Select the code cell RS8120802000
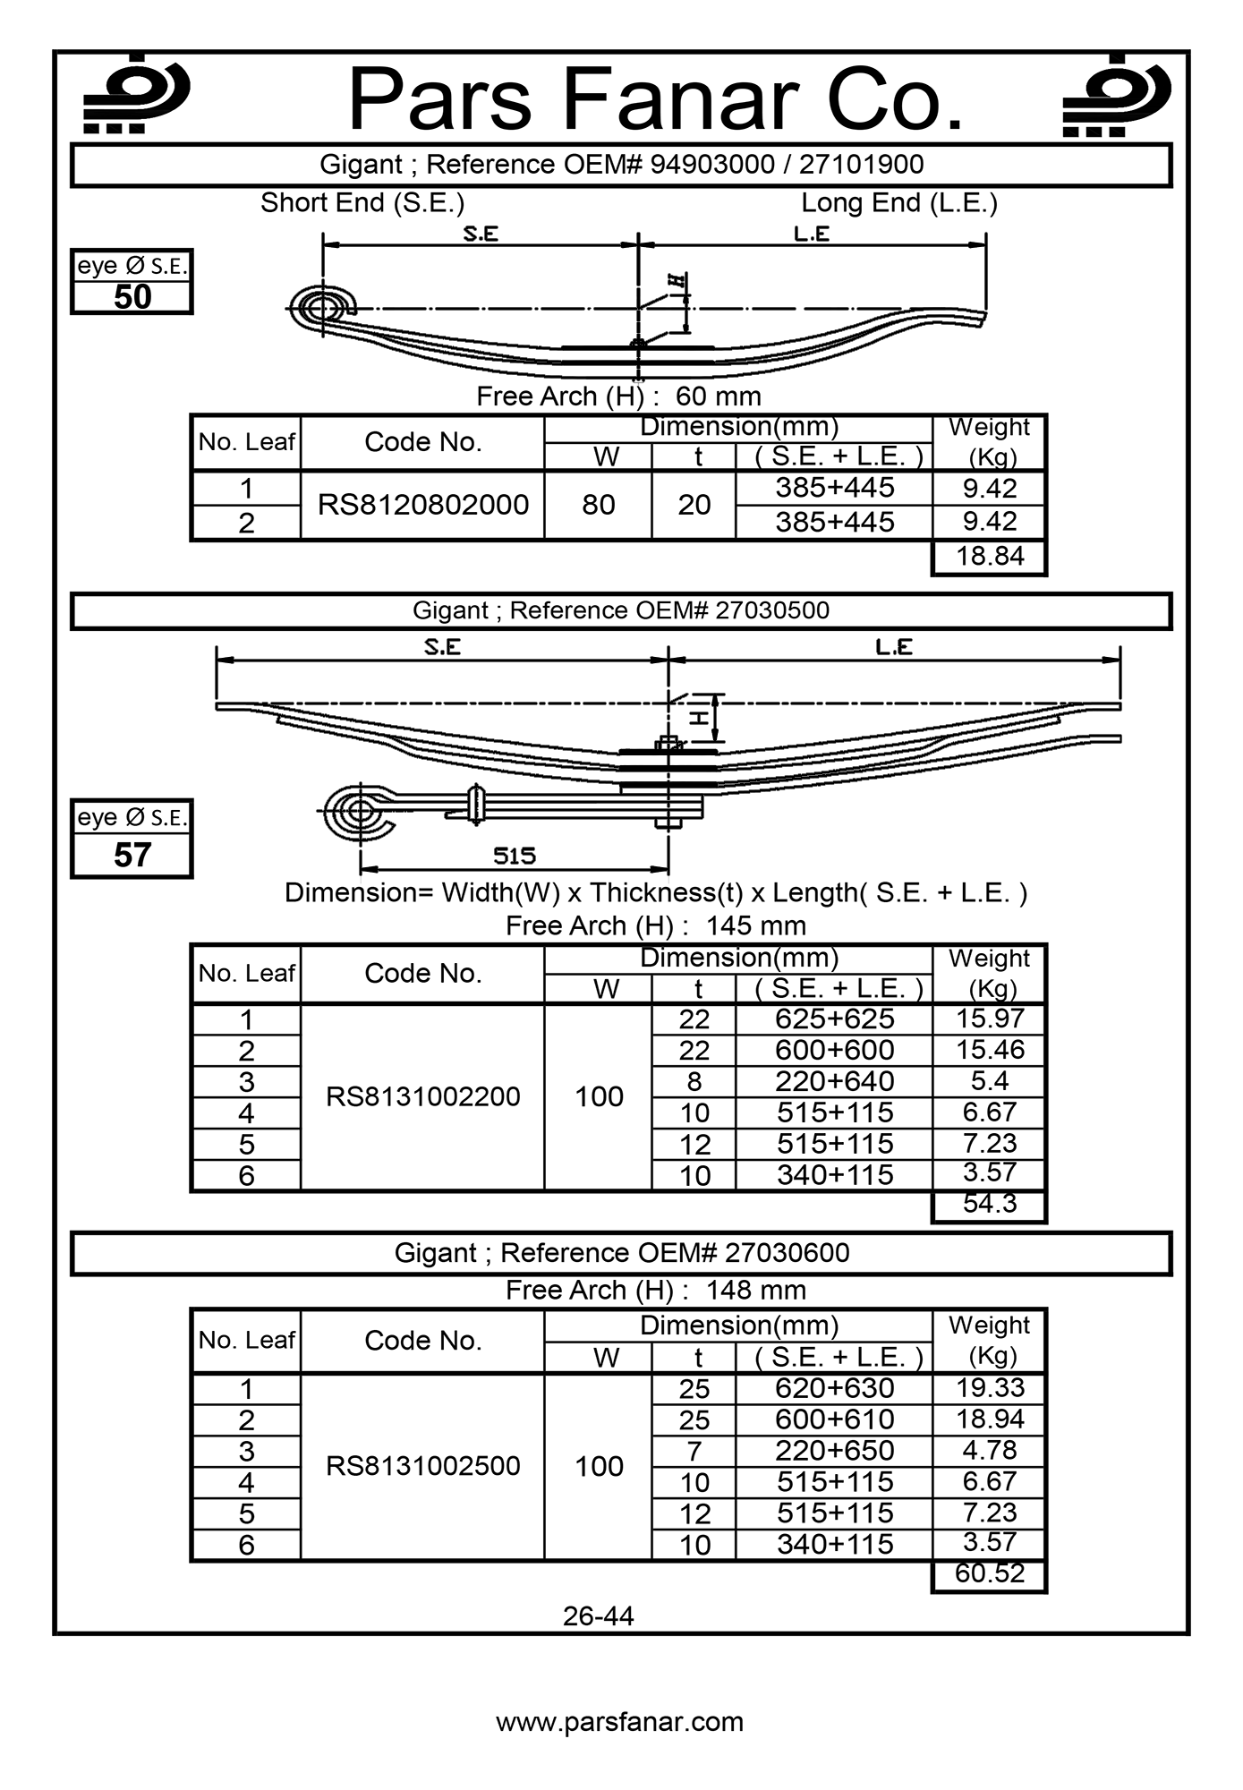[423, 505]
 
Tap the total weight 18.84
[989, 556]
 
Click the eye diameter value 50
[132, 297]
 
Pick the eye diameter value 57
[132, 856]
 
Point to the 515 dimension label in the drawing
[515, 857]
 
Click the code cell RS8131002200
[423, 1096]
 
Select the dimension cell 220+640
[834, 1081]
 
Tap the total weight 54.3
[989, 1204]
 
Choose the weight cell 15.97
[989, 1019]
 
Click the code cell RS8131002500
[423, 1466]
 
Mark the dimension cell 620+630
[834, 1388]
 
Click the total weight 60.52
[989, 1573]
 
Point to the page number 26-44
[599, 1616]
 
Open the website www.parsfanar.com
[620, 1722]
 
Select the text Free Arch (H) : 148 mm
[656, 1291]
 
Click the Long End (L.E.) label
[898, 203]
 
